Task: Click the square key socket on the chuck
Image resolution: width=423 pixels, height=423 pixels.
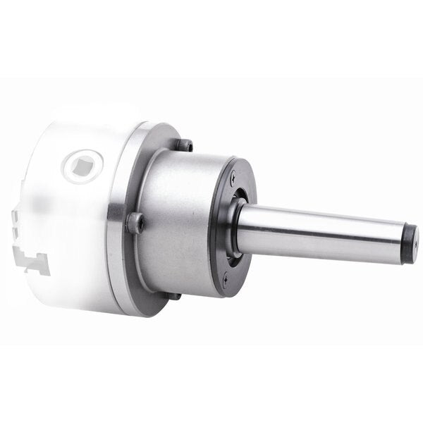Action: (82, 165)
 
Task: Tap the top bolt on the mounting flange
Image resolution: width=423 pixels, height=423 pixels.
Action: (185, 145)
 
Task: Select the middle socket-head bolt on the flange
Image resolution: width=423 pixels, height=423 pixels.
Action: (136, 223)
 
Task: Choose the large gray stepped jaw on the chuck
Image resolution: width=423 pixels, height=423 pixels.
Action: (35, 262)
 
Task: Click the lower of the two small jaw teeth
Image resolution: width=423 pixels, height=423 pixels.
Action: (16, 233)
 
